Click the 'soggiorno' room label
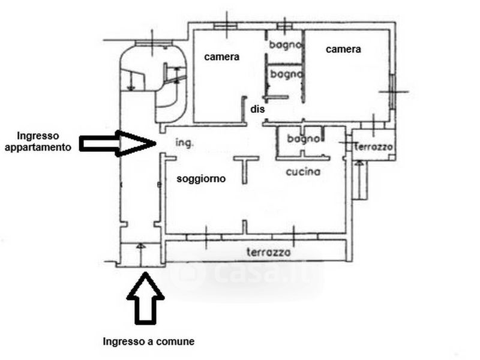click(x=201, y=179)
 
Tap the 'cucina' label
click(x=303, y=172)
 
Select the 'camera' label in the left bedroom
click(x=221, y=57)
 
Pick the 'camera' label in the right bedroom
click(x=343, y=49)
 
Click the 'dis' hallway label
click(x=257, y=109)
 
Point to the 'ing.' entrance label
click(x=185, y=143)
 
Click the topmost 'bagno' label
click(x=284, y=45)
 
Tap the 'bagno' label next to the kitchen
click(x=303, y=139)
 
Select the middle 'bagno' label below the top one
click(x=286, y=74)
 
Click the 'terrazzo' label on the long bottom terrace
click(x=268, y=252)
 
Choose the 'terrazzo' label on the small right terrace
click(x=373, y=147)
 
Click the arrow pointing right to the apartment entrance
click(x=118, y=143)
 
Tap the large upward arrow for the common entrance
click(x=145, y=298)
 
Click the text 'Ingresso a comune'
click(x=148, y=341)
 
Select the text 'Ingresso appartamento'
click(x=38, y=142)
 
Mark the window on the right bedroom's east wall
click(x=392, y=91)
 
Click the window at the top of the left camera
click(x=225, y=26)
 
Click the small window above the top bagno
click(x=285, y=26)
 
